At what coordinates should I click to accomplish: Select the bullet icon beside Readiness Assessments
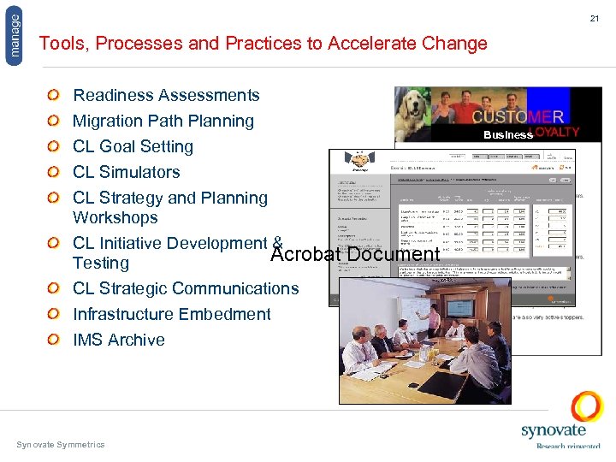click(x=53, y=95)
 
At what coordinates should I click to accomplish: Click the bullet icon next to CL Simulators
click(x=53, y=172)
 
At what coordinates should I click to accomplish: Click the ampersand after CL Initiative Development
click(x=276, y=242)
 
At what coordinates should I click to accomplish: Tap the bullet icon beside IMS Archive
click(x=53, y=340)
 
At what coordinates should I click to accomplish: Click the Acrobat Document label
click(x=354, y=254)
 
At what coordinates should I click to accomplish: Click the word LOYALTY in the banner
click(x=557, y=133)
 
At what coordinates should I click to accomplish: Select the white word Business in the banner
click(x=507, y=134)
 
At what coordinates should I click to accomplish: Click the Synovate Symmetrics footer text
click(x=60, y=444)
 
